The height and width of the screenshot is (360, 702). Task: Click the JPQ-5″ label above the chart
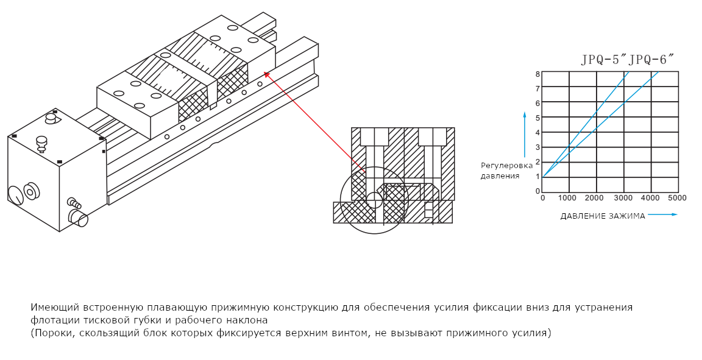pos(604,60)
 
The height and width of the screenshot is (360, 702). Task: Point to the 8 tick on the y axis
pos(537,74)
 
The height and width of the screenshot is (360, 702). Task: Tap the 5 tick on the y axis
pos(537,118)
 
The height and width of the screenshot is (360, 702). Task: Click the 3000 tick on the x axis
pos(623,199)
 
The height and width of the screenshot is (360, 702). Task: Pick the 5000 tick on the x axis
pos(678,199)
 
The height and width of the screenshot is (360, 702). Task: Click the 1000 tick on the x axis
pos(569,199)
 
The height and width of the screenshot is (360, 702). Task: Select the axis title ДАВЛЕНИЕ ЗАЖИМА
pos(602,216)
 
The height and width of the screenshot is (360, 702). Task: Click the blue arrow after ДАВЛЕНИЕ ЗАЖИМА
pos(662,214)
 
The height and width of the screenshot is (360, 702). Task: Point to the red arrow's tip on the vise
pos(266,74)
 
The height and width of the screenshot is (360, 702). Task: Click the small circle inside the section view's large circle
pos(375,200)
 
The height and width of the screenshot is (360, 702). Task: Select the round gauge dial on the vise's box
pos(15,196)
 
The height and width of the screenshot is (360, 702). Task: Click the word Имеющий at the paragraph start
pos(51,308)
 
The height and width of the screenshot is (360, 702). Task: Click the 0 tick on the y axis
pos(537,191)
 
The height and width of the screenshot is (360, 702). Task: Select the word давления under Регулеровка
pos(500,176)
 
